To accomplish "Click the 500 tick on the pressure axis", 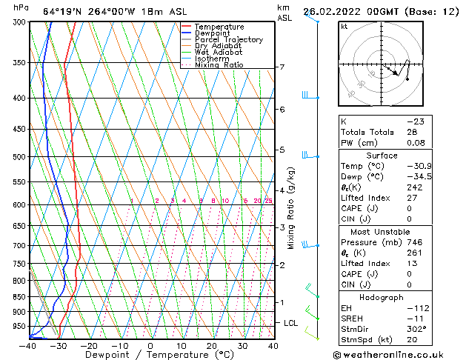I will [x=19, y=157].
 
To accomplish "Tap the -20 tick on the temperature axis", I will [x=88, y=345].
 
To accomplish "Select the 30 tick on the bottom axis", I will [x=242, y=345].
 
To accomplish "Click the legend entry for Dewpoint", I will [x=213, y=33].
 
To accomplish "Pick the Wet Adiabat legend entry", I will [x=218, y=53].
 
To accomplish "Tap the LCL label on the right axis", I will [x=291, y=323].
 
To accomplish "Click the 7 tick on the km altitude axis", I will [x=282, y=67].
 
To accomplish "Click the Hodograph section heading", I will [x=382, y=297].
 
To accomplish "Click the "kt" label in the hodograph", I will [x=344, y=27].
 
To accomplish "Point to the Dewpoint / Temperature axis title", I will [x=150, y=356].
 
